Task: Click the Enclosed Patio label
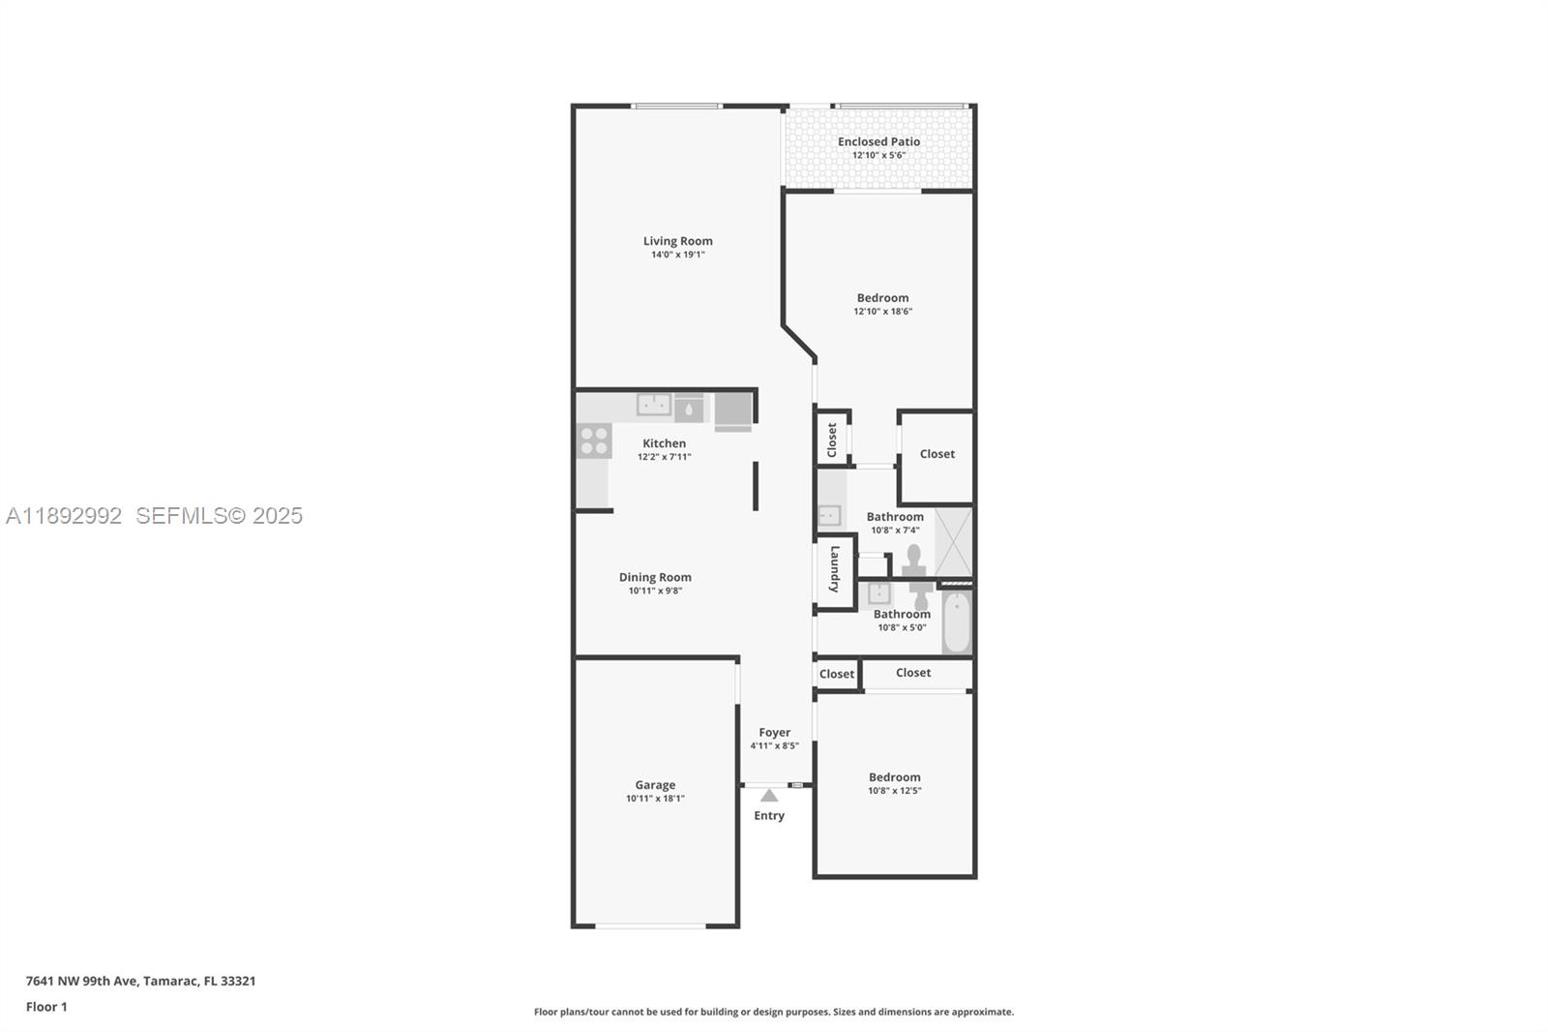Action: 878,141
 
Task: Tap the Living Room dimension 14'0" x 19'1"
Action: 677,255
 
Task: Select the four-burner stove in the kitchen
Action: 593,440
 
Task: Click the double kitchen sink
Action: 654,405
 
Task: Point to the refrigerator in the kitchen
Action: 733,410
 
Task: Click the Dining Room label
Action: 655,577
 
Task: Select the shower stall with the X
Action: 953,541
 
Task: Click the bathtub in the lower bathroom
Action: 956,622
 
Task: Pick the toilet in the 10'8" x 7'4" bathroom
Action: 914,560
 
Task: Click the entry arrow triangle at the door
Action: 769,796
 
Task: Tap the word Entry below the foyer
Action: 769,815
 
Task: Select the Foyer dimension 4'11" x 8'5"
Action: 774,745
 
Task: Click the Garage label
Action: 655,785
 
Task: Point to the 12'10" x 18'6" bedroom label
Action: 882,298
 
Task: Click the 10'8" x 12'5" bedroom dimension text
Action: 894,791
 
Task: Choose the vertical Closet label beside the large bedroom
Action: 831,440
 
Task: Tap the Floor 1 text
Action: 46,1007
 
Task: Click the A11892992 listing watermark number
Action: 64,515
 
